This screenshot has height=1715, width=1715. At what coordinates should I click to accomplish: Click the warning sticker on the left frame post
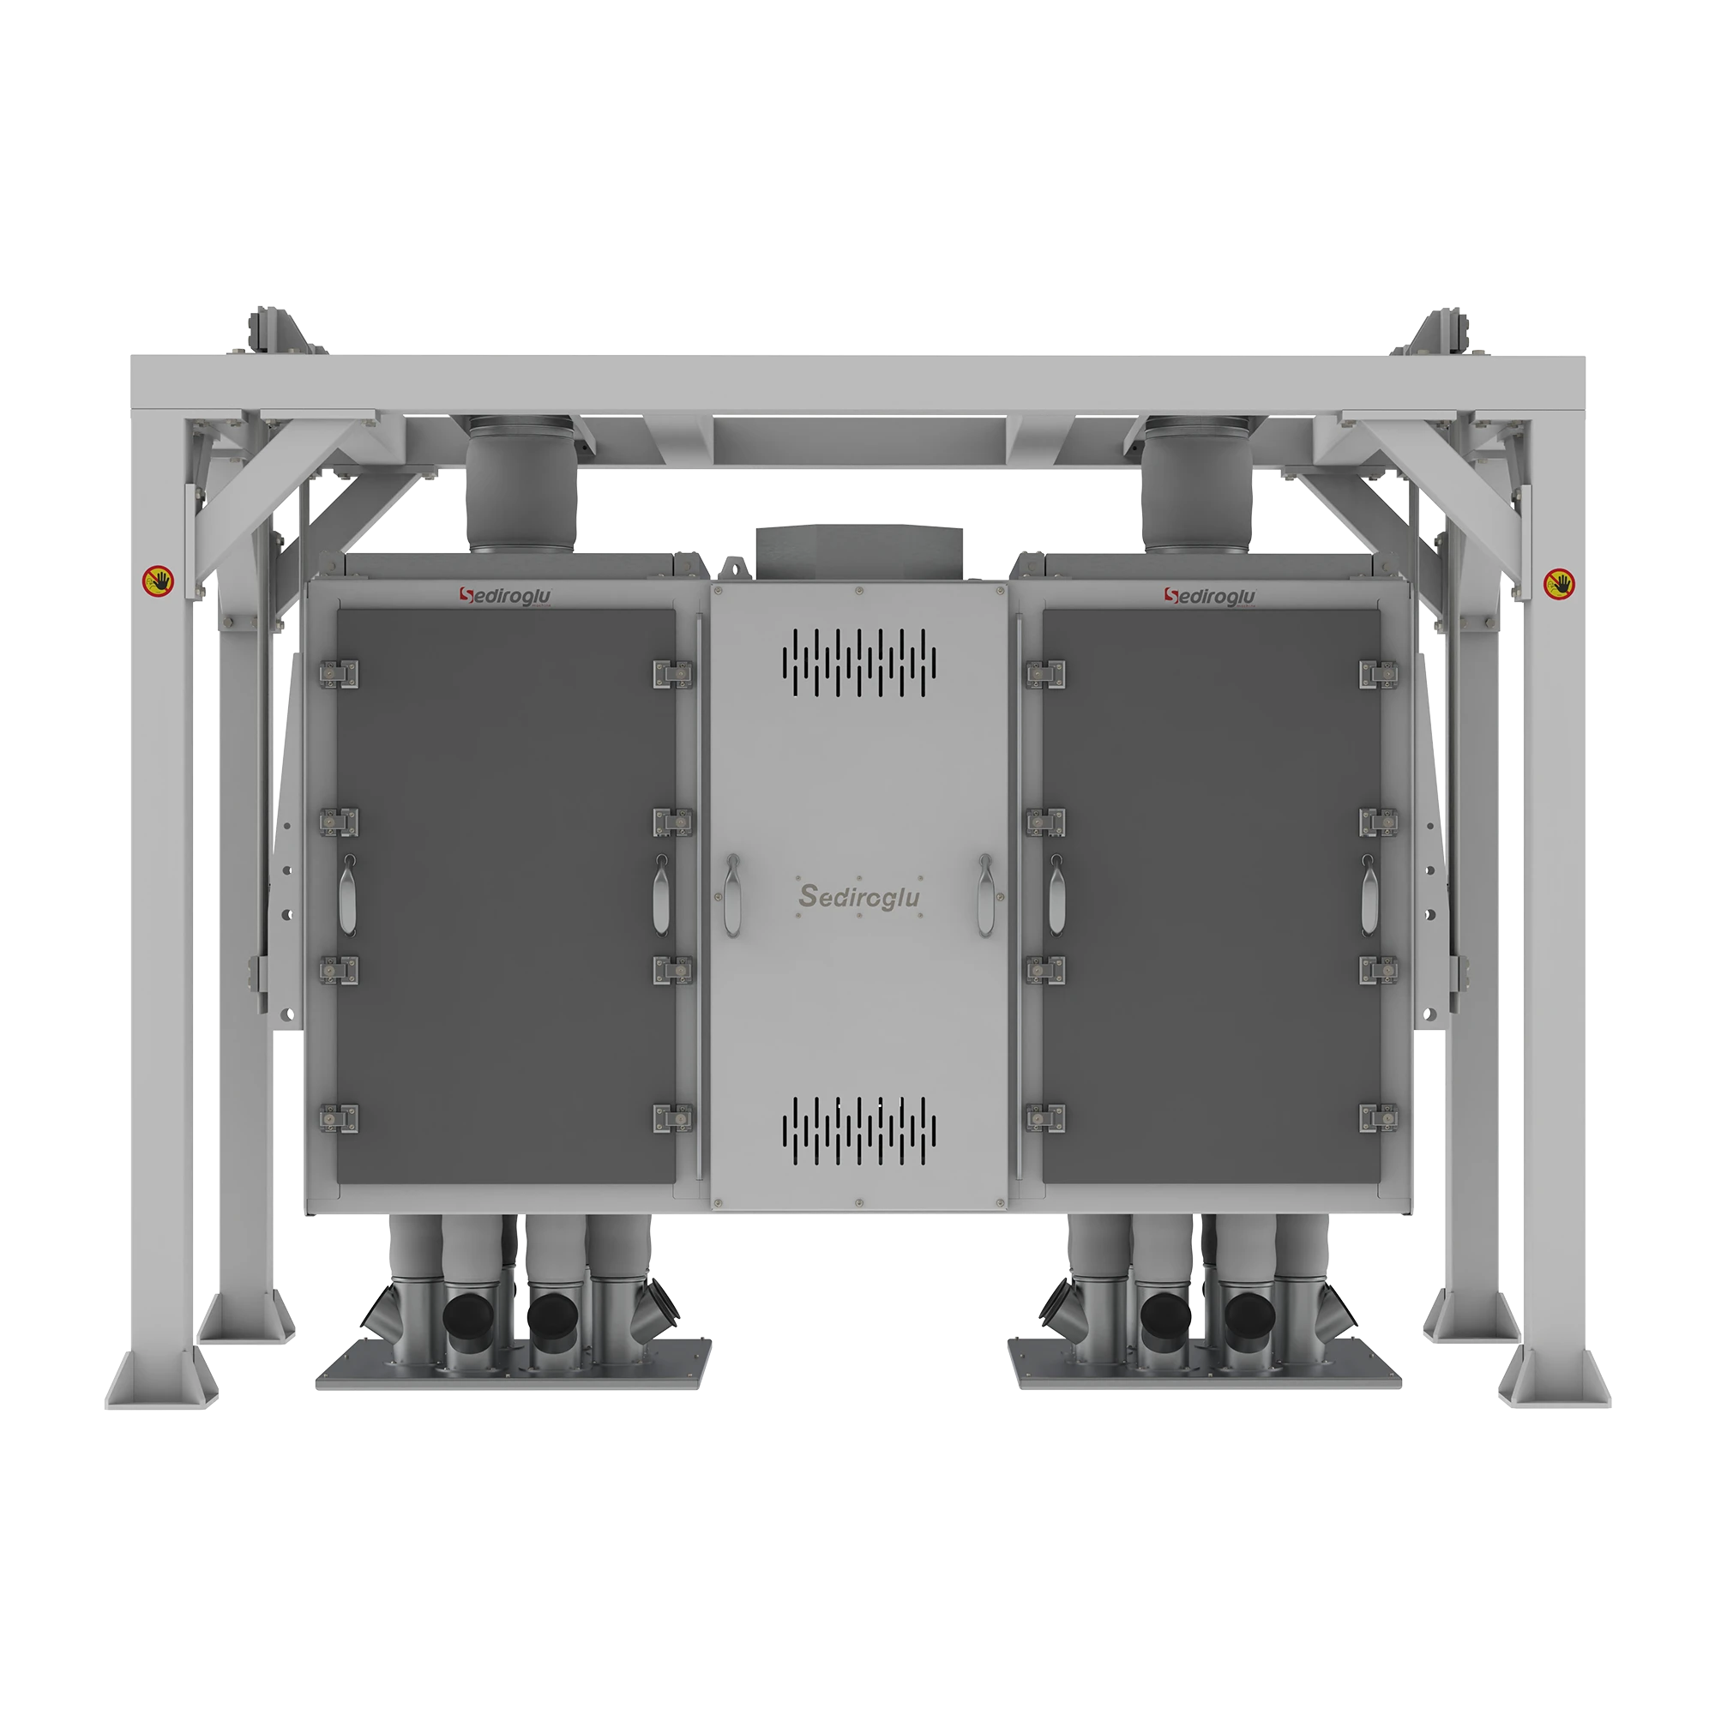coord(159,582)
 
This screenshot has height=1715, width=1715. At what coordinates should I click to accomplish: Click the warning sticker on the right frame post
coord(1559,583)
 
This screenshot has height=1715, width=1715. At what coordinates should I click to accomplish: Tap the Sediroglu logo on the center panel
coord(858,896)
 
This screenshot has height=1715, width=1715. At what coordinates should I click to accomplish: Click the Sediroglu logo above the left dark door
coord(505,596)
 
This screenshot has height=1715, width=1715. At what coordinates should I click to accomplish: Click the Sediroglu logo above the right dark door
coord(1210,597)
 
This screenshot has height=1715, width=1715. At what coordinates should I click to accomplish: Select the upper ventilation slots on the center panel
coord(858,662)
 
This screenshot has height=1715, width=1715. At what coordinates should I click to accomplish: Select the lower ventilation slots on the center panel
coord(858,1131)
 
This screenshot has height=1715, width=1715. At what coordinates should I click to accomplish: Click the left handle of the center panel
coord(731,894)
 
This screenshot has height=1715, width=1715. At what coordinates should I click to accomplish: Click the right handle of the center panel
coord(984,894)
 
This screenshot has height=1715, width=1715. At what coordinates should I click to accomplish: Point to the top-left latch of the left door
coord(339,675)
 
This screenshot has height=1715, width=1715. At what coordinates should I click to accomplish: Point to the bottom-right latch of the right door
coord(1379,1118)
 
